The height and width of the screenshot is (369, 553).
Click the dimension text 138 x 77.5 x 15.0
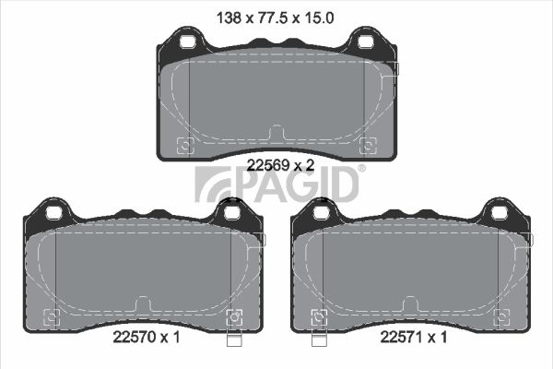click(x=275, y=18)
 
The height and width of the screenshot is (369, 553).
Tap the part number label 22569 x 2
click(x=280, y=165)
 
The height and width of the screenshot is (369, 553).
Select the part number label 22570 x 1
click(x=147, y=338)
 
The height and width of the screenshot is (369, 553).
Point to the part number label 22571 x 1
click(x=413, y=338)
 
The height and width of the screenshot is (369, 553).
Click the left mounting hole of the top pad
click(x=187, y=42)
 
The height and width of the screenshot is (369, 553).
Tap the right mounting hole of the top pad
click(x=365, y=42)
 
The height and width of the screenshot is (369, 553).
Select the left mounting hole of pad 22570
click(x=54, y=213)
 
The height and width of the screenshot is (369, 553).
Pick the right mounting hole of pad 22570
click(x=231, y=213)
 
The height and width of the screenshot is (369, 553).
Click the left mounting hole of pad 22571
click(x=321, y=213)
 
